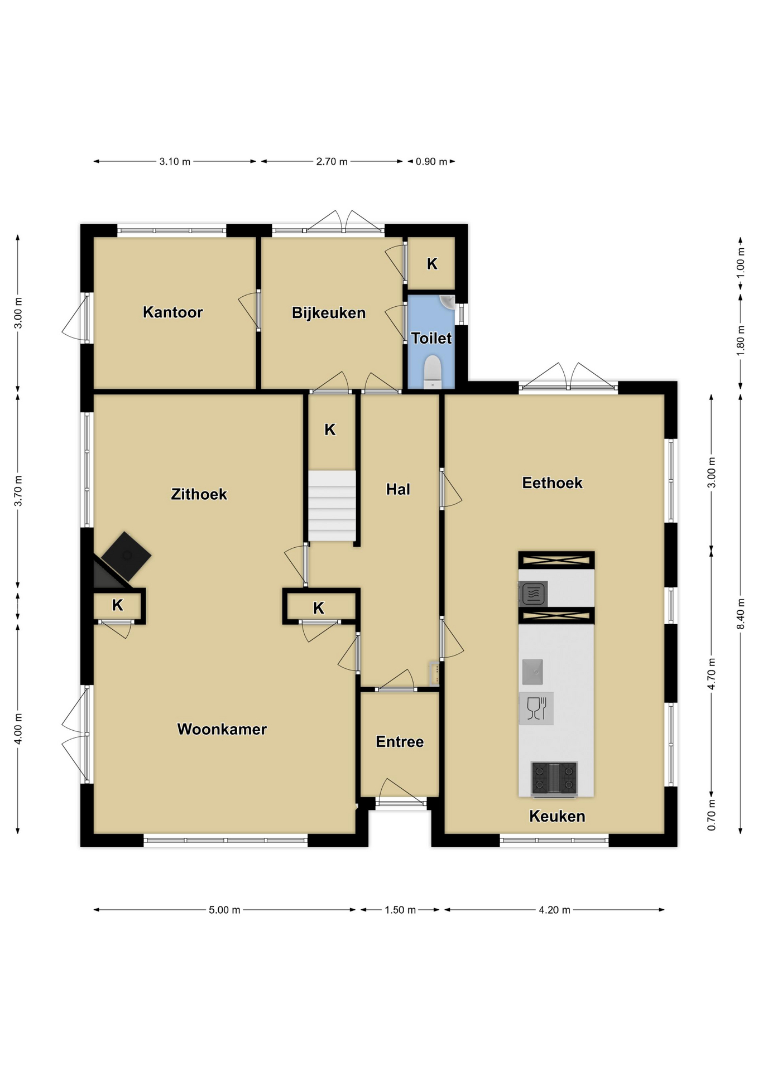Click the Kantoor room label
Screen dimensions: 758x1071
[x=172, y=312]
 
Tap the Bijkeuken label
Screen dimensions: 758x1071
[x=329, y=313]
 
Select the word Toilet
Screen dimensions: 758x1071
[x=431, y=338]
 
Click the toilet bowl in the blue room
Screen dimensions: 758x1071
[x=433, y=372]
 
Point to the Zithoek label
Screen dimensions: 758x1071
[x=199, y=494]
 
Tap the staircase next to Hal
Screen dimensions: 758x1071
[x=332, y=506]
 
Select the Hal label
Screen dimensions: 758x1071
[x=398, y=489]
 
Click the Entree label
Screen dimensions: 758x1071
[x=400, y=742]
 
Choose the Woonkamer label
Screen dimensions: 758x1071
[x=222, y=729]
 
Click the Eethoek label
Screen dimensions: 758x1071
[x=552, y=483]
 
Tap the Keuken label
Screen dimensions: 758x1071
[x=557, y=817]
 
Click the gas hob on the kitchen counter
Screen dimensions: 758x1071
[x=554, y=778]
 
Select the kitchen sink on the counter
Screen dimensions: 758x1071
[x=532, y=672]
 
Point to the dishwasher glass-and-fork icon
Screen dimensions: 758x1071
[x=536, y=708]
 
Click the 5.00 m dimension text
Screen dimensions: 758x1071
[x=224, y=910]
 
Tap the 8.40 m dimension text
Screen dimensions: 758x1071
[x=741, y=614]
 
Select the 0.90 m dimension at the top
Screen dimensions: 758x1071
[x=431, y=162]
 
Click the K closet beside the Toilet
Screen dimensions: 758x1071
[x=432, y=264]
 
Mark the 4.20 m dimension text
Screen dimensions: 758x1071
[x=554, y=910]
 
